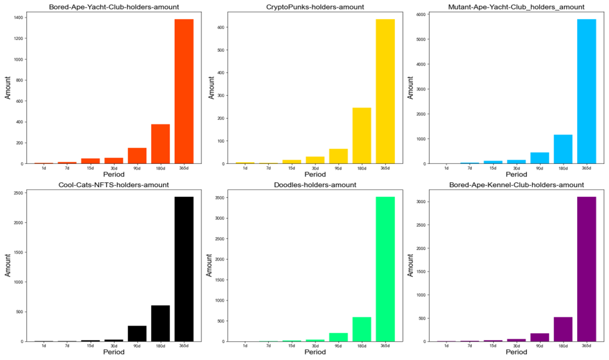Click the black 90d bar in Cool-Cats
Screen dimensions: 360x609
(137, 333)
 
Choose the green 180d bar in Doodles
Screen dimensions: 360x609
(362, 329)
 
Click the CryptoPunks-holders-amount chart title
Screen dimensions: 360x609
(315, 7)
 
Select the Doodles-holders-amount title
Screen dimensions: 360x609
(315, 185)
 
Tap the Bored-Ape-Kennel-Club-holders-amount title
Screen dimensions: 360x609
(516, 185)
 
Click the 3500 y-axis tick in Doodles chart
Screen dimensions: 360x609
(221, 198)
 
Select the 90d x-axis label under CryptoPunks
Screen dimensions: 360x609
(339, 168)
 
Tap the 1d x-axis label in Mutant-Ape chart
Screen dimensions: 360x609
(446, 168)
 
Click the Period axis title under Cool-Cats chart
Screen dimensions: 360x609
(114, 352)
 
